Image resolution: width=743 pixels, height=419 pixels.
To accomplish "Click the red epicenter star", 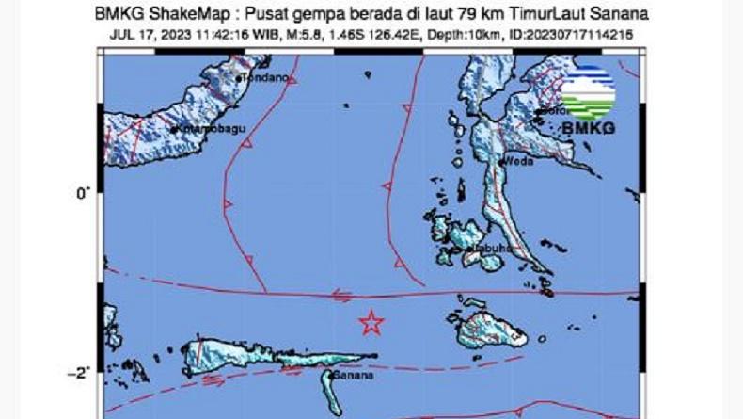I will point(371,323).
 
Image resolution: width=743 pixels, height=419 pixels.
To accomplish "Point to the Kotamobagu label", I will point(204,125).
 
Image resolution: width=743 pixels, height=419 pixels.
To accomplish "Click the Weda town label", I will point(518,161).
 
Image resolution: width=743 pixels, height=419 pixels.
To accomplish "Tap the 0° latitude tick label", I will point(83,193).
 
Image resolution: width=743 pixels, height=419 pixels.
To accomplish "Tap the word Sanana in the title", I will point(622,14).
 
